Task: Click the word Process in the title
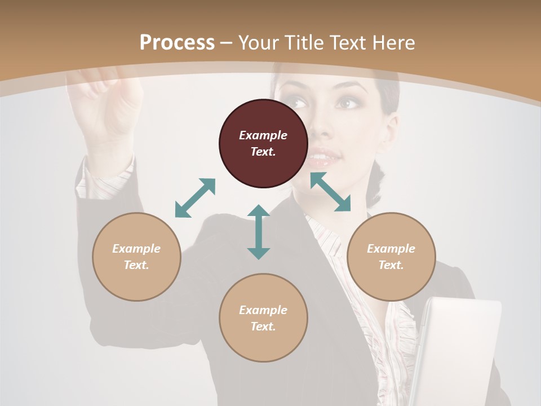[177, 43]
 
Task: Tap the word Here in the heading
[392, 43]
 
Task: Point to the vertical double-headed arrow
[259, 232]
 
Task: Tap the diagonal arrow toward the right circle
[330, 192]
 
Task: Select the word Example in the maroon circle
[263, 135]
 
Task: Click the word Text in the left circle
[136, 265]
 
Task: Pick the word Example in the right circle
[391, 249]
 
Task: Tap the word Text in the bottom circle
[263, 326]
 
